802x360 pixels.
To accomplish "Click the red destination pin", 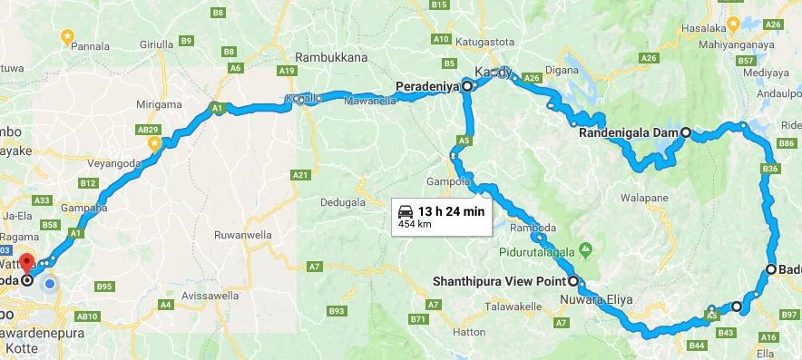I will coord(26,262).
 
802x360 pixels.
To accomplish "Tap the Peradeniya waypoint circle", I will coord(467,87).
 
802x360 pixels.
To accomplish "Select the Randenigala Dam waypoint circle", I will coord(686,132).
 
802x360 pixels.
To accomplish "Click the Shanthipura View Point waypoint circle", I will coord(572,280).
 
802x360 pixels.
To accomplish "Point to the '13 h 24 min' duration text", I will coord(452,211).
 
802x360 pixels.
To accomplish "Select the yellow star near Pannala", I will coord(66,36).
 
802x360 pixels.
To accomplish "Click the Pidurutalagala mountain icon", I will coord(585,248).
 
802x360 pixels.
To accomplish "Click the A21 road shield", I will coord(302,174).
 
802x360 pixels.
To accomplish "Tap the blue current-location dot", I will coord(50,284).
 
